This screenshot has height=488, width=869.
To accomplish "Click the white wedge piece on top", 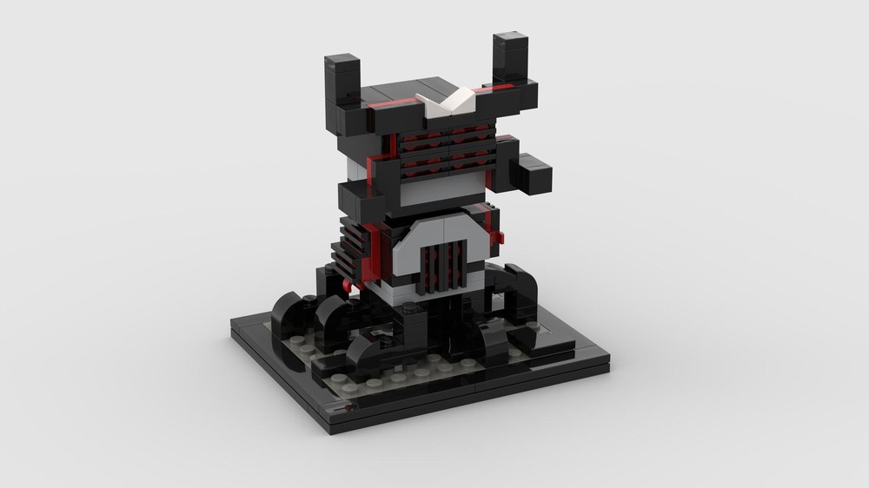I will (x=449, y=102).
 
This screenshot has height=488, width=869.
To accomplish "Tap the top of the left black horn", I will (x=342, y=64).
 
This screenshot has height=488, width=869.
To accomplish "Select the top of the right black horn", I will (x=512, y=42).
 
